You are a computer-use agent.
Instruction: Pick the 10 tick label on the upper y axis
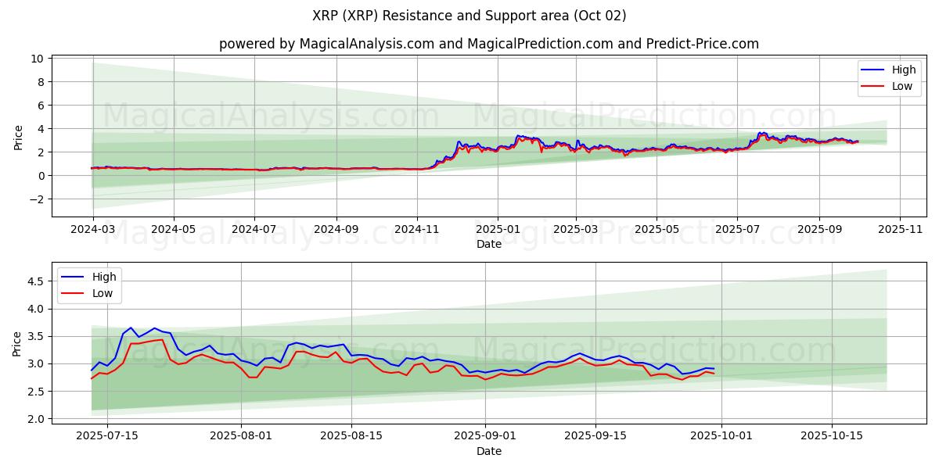(37, 59)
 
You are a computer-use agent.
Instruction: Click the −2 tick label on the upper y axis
(34, 199)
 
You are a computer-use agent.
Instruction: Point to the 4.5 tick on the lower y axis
(34, 281)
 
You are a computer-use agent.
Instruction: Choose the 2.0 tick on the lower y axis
(34, 419)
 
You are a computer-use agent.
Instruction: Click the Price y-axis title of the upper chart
(18, 136)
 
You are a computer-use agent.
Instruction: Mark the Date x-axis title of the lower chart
(489, 451)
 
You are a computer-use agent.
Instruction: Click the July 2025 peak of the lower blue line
(131, 328)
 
